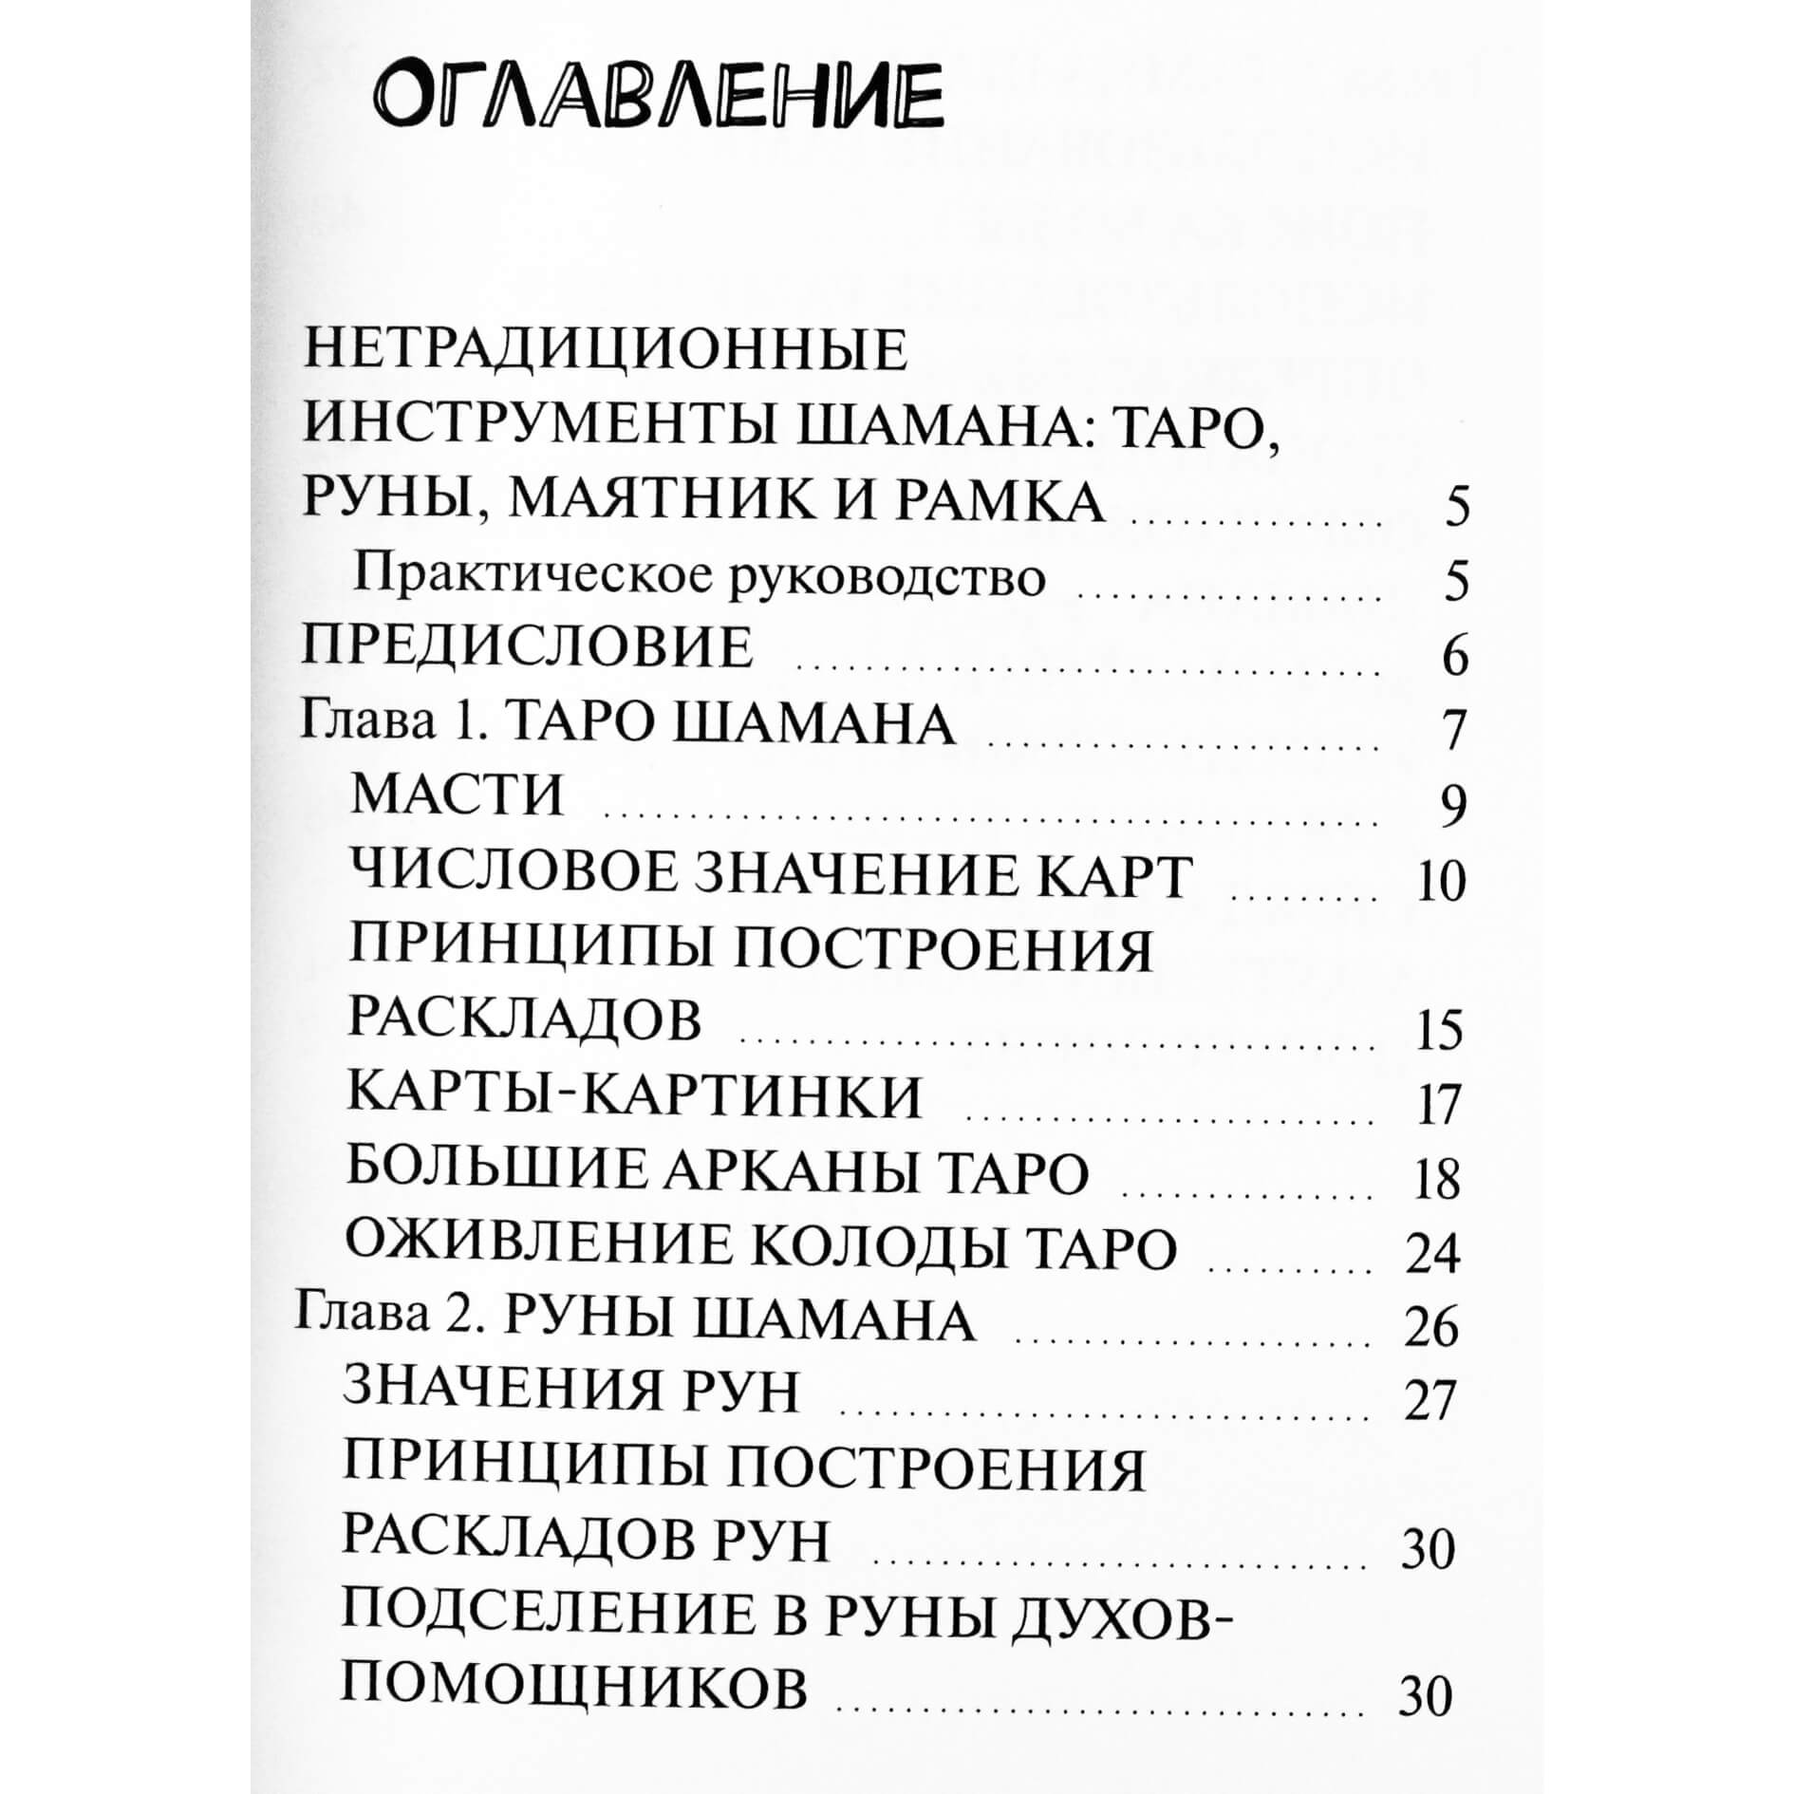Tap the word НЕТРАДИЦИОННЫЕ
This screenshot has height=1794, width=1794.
pyautogui.click(x=605, y=350)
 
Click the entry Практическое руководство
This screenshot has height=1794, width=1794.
pyautogui.click(x=699, y=578)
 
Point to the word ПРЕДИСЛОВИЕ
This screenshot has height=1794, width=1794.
pyautogui.click(x=528, y=649)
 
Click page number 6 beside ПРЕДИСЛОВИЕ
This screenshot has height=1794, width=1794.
pyautogui.click(x=1454, y=658)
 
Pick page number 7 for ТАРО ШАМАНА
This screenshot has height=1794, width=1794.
pyautogui.click(x=1454, y=732)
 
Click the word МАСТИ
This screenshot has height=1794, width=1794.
pyautogui.click(x=457, y=796)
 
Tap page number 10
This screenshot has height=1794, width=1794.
pyautogui.click(x=1440, y=883)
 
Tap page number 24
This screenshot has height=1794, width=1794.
pyautogui.click(x=1432, y=1255)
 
